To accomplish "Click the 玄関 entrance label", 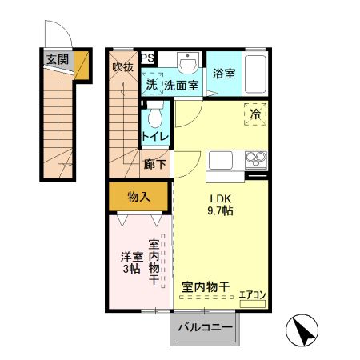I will click(57, 58).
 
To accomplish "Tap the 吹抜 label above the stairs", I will click(122, 66).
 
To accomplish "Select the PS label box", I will click(149, 58).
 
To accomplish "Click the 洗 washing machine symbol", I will click(151, 83).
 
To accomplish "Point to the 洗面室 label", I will click(181, 84).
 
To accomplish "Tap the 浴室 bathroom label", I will click(223, 74).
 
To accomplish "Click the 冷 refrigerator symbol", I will click(255, 115).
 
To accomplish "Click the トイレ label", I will click(155, 138).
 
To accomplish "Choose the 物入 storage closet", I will click(138, 195).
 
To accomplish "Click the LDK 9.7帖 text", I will click(221, 206).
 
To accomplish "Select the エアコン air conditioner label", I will click(253, 295).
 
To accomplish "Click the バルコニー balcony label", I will click(205, 328).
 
